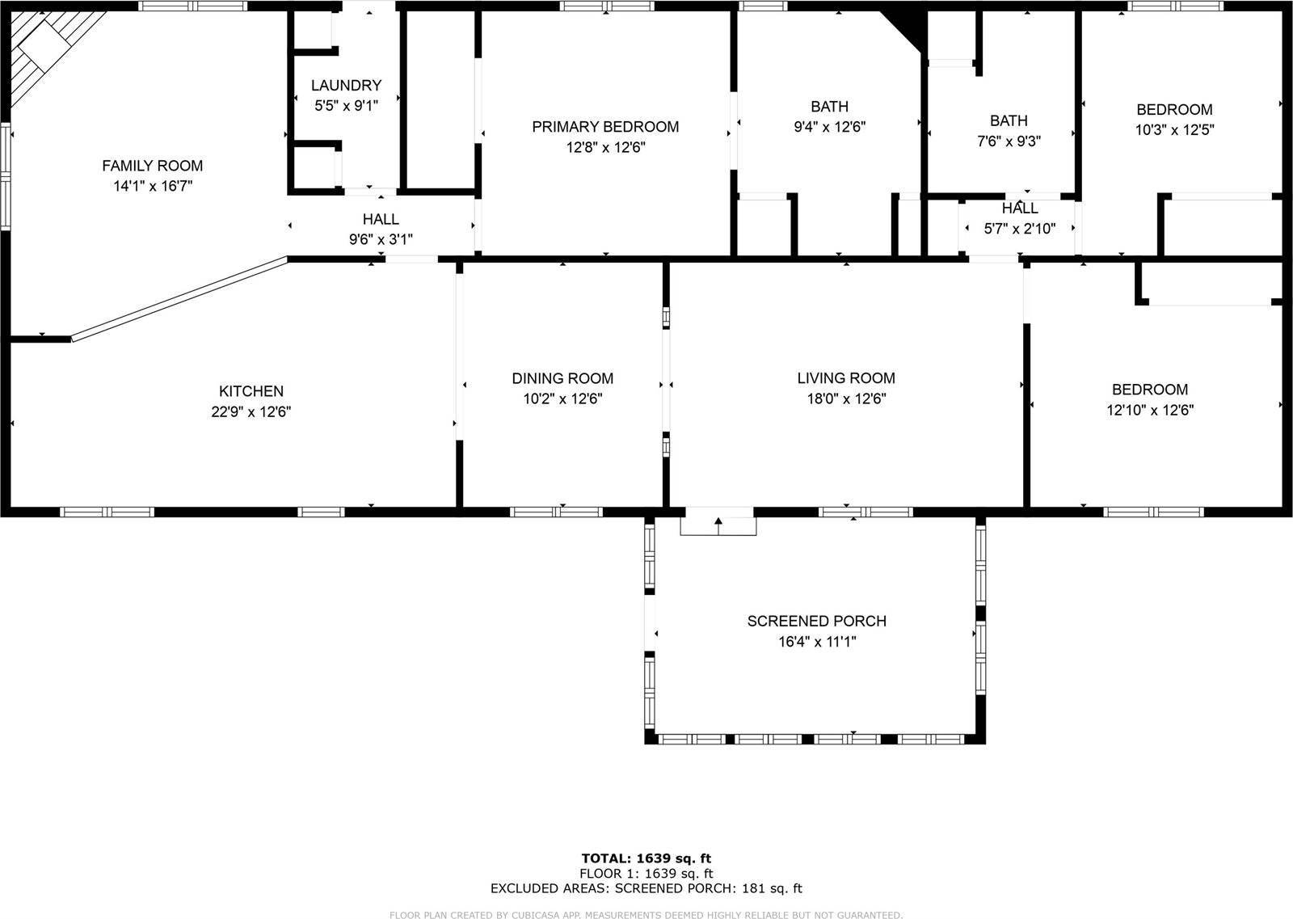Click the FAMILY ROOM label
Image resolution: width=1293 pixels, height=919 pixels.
click(152, 166)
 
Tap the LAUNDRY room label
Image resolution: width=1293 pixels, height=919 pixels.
click(346, 85)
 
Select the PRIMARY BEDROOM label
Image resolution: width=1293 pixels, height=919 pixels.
click(605, 127)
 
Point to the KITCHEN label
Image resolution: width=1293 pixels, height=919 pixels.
click(251, 391)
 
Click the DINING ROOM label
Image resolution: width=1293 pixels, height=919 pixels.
click(562, 378)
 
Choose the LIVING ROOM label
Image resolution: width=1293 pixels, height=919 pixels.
click(846, 377)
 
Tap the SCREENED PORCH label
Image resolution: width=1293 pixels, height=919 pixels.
click(816, 621)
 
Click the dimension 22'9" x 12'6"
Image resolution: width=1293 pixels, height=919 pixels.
click(251, 411)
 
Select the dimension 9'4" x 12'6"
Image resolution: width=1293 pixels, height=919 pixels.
click(830, 127)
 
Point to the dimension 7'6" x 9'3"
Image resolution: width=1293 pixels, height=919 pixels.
click(1009, 141)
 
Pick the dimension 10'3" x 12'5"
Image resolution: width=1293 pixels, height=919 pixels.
click(1174, 129)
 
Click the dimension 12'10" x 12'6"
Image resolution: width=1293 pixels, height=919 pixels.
click(1150, 410)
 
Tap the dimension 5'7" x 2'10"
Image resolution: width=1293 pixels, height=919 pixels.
click(1020, 229)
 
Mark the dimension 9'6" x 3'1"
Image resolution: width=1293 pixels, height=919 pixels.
click(381, 239)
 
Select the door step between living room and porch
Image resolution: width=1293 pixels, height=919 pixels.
click(718, 523)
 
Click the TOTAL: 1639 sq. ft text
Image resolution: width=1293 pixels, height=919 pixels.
click(646, 858)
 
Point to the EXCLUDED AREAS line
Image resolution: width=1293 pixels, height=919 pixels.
click(646, 888)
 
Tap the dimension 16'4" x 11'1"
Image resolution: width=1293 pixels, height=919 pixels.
click(816, 642)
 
